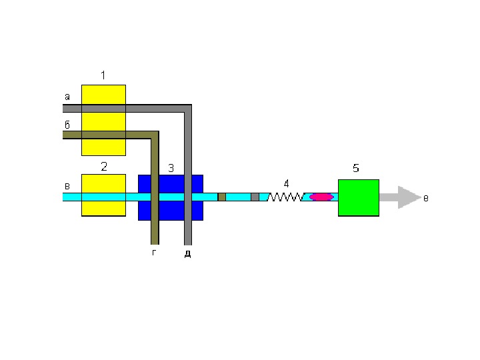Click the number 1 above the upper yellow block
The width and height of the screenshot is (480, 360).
point(103,75)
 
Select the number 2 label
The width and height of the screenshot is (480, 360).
point(104,167)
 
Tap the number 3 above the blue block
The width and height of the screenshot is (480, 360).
point(171,169)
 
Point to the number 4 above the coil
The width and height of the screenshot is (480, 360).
point(286,183)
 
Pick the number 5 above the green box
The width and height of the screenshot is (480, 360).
point(356,169)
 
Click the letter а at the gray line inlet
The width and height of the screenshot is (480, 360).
point(67,97)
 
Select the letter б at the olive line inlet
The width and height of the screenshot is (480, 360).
point(67,125)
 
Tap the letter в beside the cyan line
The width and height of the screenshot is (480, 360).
point(67,187)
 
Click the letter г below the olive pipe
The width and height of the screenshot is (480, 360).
point(154,253)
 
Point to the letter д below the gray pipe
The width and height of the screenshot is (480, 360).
point(187,254)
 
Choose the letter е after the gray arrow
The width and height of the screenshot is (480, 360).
point(425,198)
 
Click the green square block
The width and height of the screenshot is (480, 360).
point(359,197)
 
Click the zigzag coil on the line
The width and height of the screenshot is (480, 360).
point(286,197)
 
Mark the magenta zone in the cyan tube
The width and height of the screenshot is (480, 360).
point(321,197)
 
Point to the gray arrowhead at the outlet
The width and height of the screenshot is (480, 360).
point(408,197)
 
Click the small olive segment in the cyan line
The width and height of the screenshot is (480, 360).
point(222,197)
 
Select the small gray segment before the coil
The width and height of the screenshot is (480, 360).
point(255,197)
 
